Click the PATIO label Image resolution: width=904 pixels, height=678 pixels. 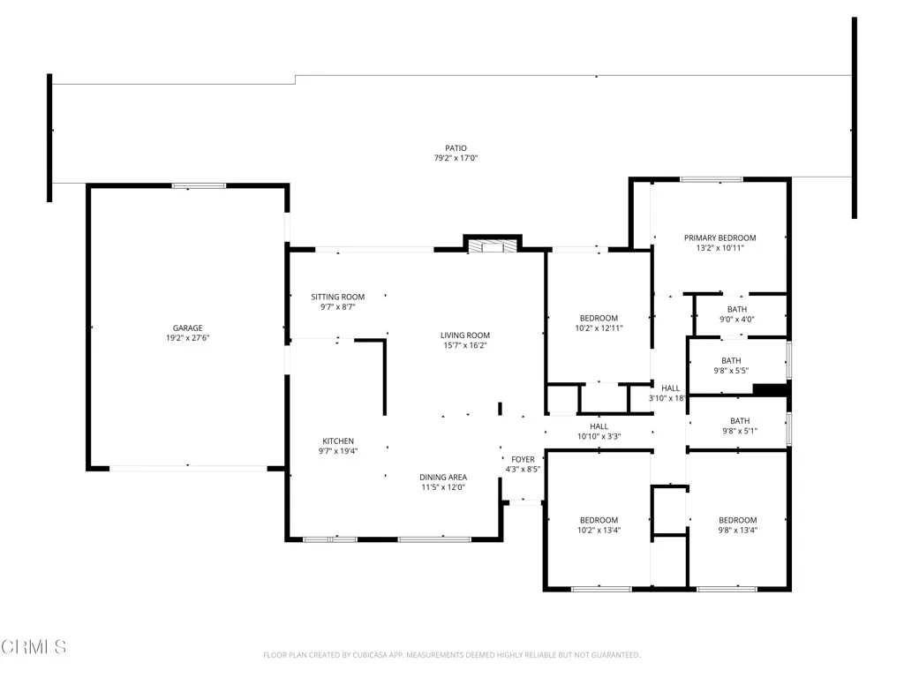pos(456,148)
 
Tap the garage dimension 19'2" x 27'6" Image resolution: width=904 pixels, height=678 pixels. pos(187,338)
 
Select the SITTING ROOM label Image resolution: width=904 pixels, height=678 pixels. pos(337,297)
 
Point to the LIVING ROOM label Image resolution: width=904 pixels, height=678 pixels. pos(465,335)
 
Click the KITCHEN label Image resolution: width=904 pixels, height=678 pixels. pos(338,441)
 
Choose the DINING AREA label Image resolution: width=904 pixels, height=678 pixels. pos(442,477)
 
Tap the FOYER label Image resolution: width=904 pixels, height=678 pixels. pos(523,459)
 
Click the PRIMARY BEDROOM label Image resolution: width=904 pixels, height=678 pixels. pos(720,237)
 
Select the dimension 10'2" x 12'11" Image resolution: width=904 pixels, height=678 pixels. pos(599,328)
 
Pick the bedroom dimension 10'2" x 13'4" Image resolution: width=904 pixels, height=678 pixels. pos(599,531)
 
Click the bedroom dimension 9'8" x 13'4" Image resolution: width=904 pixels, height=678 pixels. pos(737,531)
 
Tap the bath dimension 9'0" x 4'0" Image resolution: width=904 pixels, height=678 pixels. pos(736,320)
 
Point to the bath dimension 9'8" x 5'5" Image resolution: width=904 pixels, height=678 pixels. pos(731,371)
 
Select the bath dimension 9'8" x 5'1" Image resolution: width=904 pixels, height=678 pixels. pos(739,431)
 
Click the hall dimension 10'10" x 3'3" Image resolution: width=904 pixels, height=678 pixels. pos(599,436)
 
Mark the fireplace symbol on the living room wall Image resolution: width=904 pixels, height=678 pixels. pos(492,246)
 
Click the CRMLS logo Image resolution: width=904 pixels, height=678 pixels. pos(34,647)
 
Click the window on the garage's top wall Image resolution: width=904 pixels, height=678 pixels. pos(199,185)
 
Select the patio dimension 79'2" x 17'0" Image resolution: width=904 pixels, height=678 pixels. pos(456,159)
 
